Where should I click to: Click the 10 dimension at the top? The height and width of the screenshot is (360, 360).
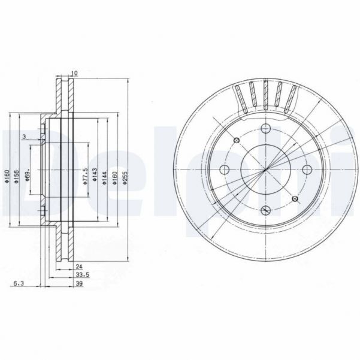click(x=74, y=73)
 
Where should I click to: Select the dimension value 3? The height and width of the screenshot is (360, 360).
click(x=23, y=137)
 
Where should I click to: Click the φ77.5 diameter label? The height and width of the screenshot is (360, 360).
click(x=86, y=177)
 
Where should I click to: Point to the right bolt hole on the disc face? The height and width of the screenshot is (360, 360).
click(x=306, y=168)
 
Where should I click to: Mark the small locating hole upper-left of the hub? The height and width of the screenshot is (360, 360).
click(x=236, y=139)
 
